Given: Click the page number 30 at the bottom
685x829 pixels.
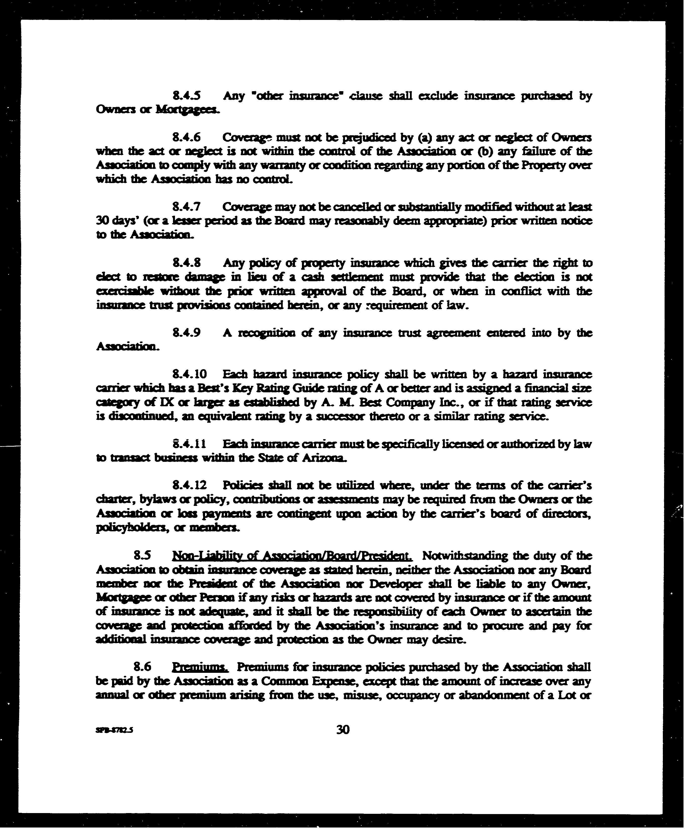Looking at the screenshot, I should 343,730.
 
